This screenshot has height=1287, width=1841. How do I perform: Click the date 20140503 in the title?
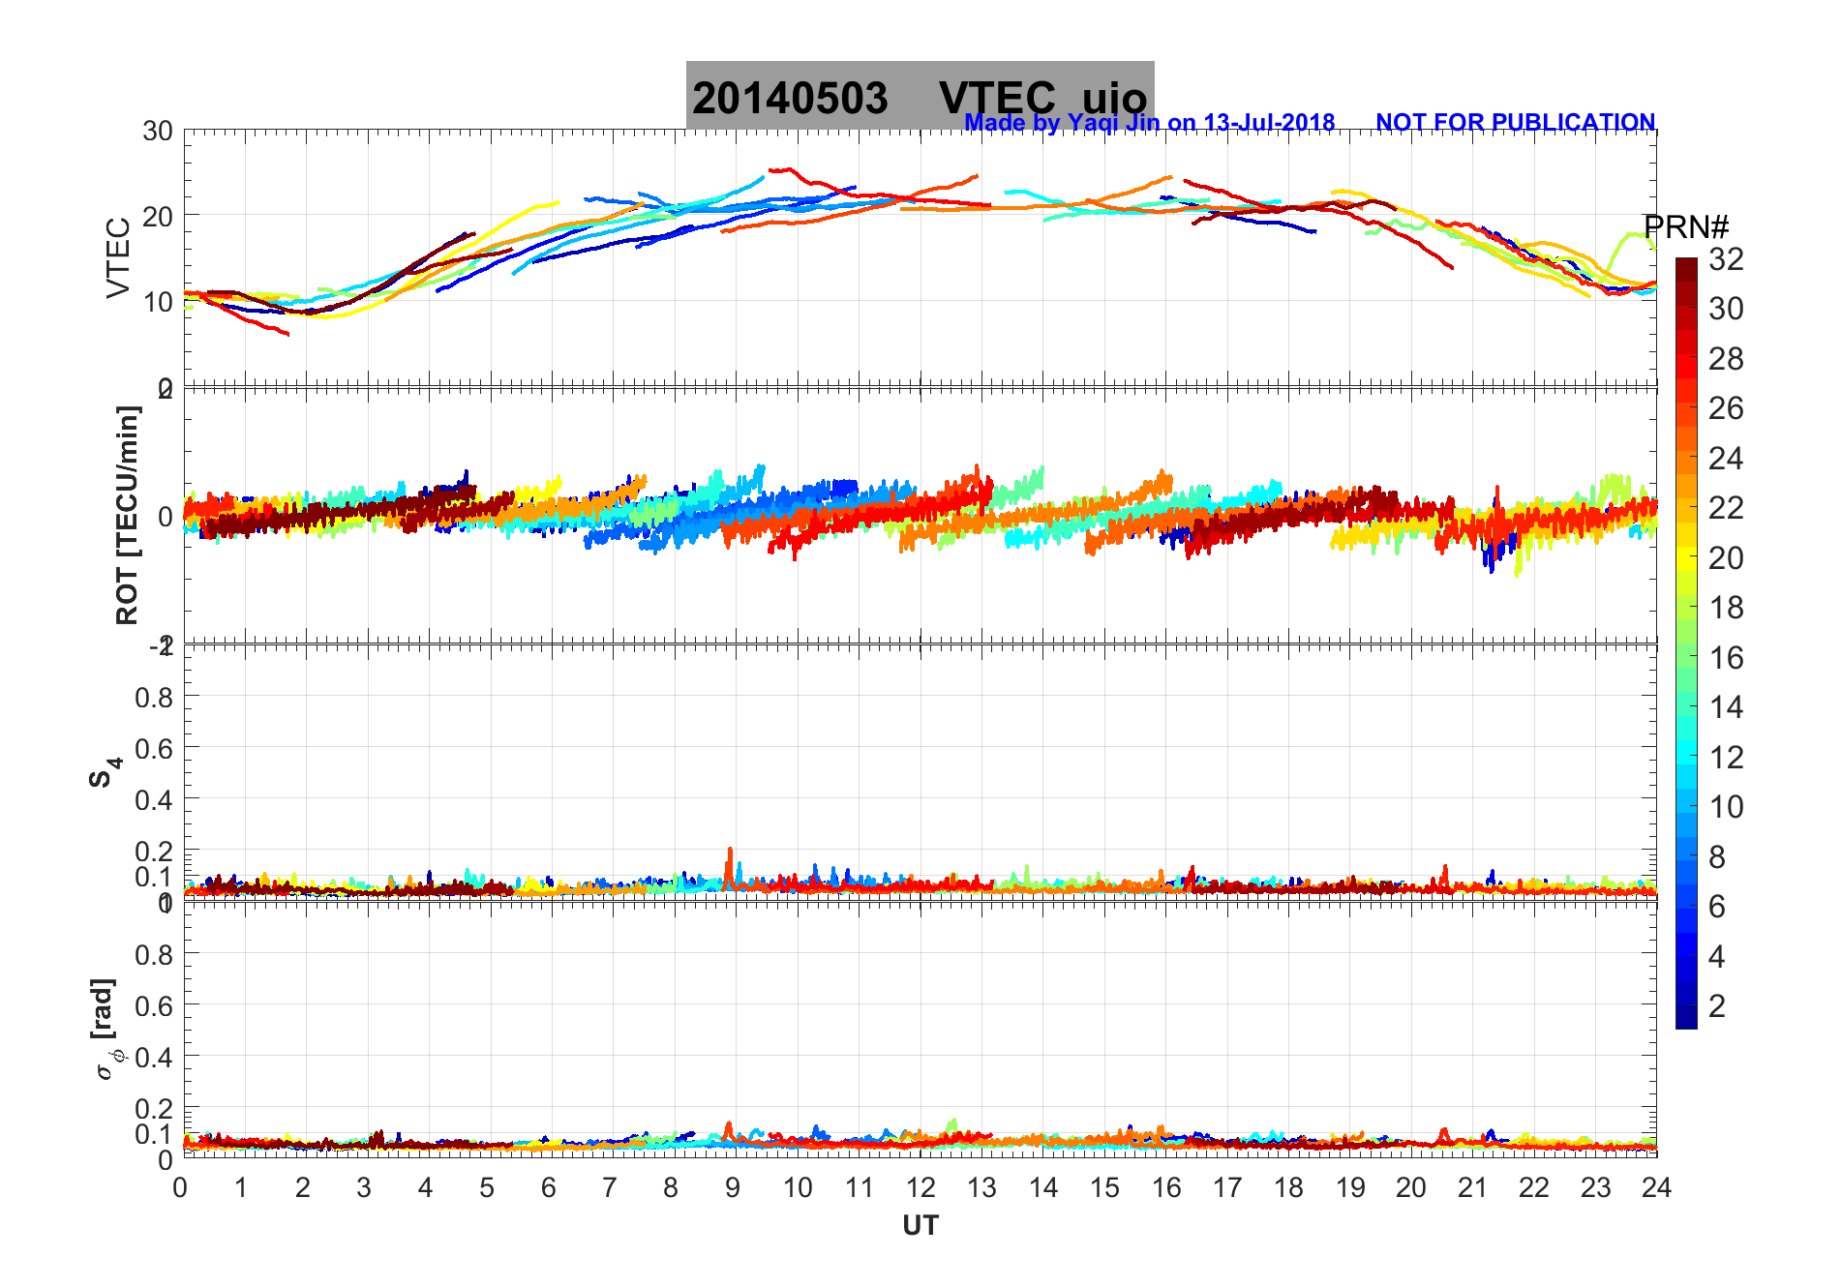[790, 99]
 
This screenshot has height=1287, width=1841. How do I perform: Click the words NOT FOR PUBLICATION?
[1515, 123]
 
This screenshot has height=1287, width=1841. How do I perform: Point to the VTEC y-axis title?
[118, 257]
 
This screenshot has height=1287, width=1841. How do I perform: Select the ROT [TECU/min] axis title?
[127, 515]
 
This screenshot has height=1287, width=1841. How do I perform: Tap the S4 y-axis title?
[106, 771]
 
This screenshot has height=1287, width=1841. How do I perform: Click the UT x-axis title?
[920, 1226]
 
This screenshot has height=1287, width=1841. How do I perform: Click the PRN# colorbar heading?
[1685, 227]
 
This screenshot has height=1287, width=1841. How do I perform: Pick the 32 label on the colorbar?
[1725, 258]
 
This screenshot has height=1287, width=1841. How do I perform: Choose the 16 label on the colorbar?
[1725, 658]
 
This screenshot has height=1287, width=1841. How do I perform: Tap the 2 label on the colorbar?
[1717, 1006]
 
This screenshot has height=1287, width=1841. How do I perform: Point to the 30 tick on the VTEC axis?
[158, 132]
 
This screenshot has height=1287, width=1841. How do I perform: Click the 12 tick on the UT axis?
[920, 1187]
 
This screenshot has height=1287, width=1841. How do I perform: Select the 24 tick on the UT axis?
[1655, 1187]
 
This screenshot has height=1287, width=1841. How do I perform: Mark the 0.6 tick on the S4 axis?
[154, 748]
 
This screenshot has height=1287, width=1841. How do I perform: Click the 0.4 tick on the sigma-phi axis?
[154, 1057]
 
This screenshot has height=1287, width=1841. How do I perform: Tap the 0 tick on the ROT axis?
[166, 516]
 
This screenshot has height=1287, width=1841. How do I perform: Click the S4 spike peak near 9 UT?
[729, 850]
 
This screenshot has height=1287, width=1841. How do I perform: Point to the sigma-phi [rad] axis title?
[106, 1029]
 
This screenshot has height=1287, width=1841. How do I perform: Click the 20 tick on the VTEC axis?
[158, 216]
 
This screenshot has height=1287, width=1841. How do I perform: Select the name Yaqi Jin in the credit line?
[1112, 123]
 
